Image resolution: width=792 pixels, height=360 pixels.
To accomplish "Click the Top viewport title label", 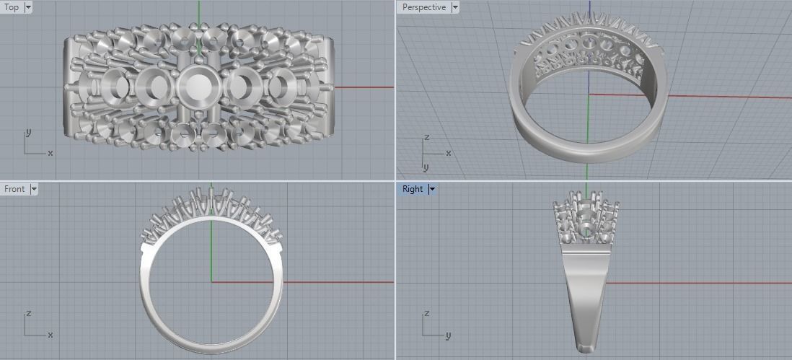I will pyautogui.click(x=12, y=7).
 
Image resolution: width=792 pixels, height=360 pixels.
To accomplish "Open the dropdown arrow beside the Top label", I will pyautogui.click(x=28, y=7).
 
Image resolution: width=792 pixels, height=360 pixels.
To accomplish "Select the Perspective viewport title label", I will pyautogui.click(x=424, y=7).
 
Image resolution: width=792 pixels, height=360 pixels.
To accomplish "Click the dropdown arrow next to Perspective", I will pyautogui.click(x=455, y=7).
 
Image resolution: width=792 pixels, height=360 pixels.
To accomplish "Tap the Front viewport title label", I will pyautogui.click(x=14, y=189).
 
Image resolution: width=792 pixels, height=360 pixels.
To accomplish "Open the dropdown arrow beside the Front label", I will pyautogui.click(x=34, y=189).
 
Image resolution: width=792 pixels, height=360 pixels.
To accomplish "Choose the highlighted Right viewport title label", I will pyautogui.click(x=413, y=189).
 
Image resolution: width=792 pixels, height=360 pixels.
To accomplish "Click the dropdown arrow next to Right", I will pyautogui.click(x=432, y=189).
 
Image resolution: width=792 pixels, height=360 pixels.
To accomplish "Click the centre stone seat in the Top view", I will pyautogui.click(x=196, y=87).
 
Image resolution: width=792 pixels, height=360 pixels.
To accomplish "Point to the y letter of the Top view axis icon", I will pyautogui.click(x=27, y=133).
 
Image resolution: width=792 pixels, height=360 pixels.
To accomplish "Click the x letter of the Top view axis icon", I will pyautogui.click(x=50, y=153).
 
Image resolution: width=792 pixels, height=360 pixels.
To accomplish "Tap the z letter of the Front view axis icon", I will pyautogui.click(x=27, y=314).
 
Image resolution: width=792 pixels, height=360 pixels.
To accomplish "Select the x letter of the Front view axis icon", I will pyautogui.click(x=50, y=335).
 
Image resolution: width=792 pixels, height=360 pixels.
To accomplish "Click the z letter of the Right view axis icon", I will pyautogui.click(x=426, y=314).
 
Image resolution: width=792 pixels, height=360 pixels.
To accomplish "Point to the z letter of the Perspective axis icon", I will pyautogui.click(x=426, y=137).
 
